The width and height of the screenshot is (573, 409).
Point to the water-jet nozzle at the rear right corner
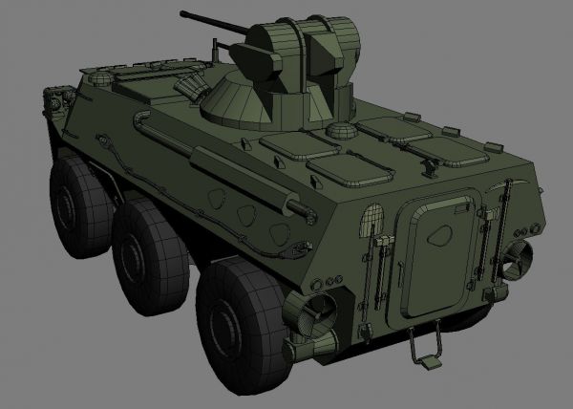click(x=521, y=255)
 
